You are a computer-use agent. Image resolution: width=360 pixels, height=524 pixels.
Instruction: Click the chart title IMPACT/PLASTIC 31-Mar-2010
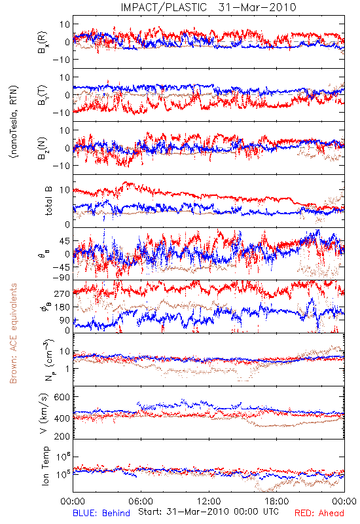(x=208, y=7)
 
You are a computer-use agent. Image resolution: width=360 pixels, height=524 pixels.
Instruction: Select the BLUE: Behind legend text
(x=101, y=513)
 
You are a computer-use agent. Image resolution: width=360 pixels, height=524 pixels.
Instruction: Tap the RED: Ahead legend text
(x=319, y=513)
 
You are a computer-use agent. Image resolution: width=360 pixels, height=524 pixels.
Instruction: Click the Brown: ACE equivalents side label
(x=13, y=333)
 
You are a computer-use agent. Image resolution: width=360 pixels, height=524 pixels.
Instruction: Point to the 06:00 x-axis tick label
(x=141, y=501)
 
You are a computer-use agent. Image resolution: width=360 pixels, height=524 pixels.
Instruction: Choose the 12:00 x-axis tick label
(x=209, y=501)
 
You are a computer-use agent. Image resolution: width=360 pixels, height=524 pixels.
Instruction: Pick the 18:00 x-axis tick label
(x=276, y=501)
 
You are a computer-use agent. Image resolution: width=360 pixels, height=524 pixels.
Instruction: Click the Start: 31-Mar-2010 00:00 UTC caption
(x=208, y=512)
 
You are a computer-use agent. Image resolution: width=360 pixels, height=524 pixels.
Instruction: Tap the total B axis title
(x=48, y=201)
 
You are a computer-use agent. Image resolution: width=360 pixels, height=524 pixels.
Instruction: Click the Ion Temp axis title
(x=45, y=466)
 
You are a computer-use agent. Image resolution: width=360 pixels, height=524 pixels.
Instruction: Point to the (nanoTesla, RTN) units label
(x=14, y=122)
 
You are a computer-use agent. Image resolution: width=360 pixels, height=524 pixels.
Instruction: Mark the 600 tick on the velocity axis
(x=62, y=397)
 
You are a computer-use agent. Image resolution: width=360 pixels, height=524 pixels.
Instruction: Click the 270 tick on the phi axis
(x=62, y=293)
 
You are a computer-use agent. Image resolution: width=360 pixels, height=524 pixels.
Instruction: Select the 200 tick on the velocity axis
(x=62, y=436)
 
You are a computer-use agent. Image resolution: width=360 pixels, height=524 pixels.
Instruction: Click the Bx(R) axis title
(x=43, y=43)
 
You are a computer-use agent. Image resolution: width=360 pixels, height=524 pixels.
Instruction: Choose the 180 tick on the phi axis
(x=62, y=307)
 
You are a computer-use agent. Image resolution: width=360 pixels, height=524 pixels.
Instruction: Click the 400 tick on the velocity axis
(x=62, y=418)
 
